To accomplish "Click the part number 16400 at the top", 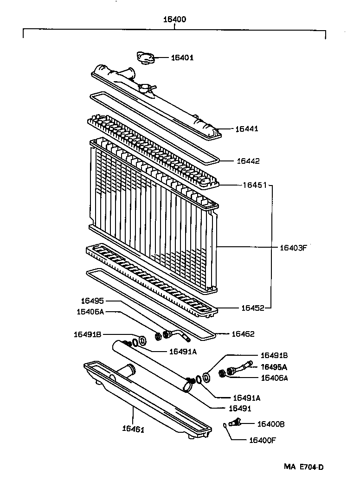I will pyautogui.click(x=174, y=20).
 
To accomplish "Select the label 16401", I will pyautogui.click(x=182, y=58).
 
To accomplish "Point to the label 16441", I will pyautogui.click(x=247, y=129).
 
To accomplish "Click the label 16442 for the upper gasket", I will pyautogui.click(x=248, y=161).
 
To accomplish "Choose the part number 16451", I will pyautogui.click(x=254, y=185).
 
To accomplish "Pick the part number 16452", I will pyautogui.click(x=253, y=308).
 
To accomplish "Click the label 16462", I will pyautogui.click(x=243, y=334).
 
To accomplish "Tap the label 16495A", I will pyautogui.click(x=274, y=367).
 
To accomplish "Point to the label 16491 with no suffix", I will pyautogui.click(x=240, y=409).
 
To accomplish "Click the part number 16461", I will pyautogui.click(x=134, y=429).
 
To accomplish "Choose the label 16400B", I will pyautogui.click(x=271, y=424).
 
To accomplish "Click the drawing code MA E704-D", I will pyautogui.click(x=303, y=467).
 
